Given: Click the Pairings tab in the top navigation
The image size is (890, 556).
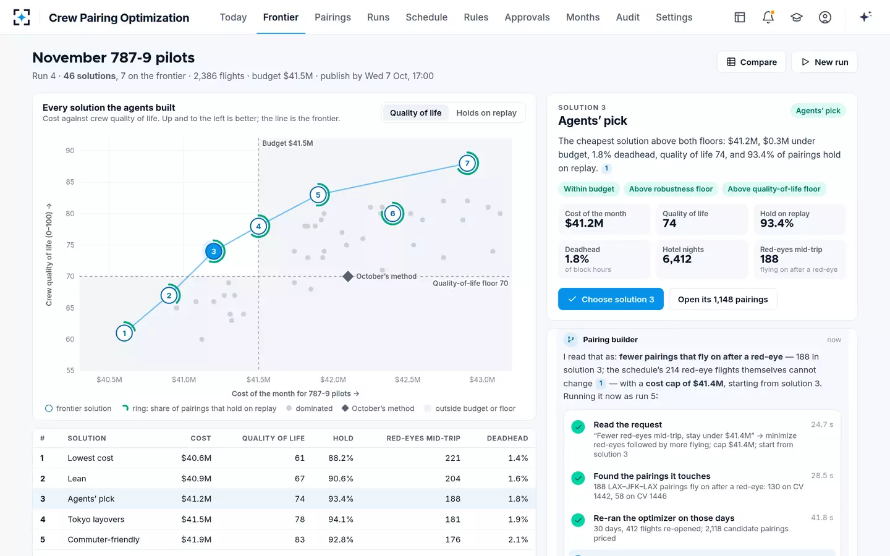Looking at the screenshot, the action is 333,17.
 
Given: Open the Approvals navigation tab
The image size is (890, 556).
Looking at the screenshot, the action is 527,17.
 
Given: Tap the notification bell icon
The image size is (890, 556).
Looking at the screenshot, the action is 768,17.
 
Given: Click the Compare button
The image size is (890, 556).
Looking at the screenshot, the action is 752,62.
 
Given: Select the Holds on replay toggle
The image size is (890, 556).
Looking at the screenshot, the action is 486,113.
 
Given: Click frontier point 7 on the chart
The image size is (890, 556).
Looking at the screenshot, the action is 467,163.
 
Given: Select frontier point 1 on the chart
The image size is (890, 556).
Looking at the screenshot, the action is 124,333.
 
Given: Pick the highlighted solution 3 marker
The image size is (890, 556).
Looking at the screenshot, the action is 214,251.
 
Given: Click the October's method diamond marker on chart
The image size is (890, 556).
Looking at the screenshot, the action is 347,276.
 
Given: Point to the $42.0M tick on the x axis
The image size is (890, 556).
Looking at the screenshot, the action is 333,379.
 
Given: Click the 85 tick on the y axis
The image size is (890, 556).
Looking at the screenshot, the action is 70,182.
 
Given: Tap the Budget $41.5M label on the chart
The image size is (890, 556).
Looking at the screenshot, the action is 287,143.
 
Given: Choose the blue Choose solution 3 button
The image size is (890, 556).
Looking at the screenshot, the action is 611,299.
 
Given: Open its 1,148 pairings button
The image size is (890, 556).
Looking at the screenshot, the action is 723,299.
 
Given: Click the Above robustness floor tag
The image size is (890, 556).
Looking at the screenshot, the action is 671,188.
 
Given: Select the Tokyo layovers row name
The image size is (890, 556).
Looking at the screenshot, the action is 96,519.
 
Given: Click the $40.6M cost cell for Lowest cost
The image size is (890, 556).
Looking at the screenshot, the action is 197,458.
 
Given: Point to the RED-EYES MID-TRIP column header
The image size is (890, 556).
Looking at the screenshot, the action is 423,438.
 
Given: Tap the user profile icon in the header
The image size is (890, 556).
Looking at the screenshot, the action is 825,17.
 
